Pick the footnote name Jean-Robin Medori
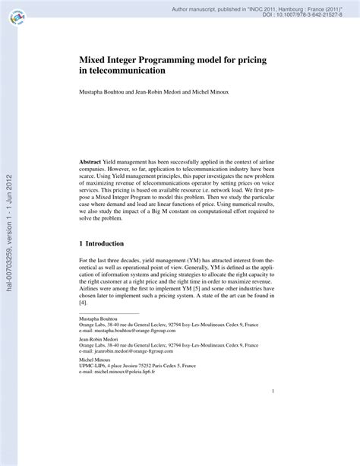(x=100, y=363)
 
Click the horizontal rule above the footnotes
(x=108, y=335)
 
